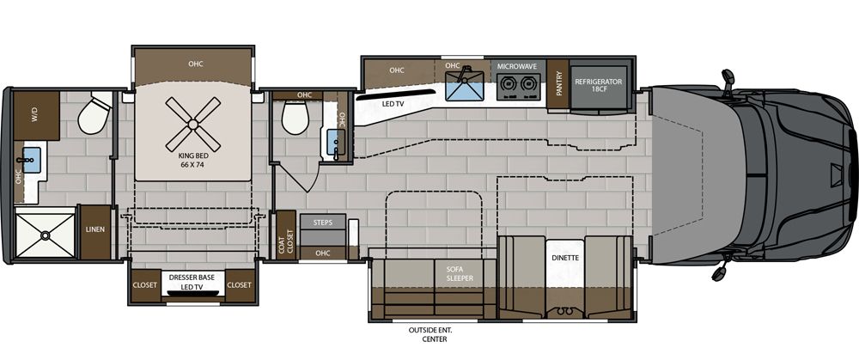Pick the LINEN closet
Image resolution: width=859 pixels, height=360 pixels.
94,230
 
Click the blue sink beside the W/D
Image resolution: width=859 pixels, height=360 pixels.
31,158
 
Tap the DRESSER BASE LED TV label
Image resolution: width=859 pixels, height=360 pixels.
192,281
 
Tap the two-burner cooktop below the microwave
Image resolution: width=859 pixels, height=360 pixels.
518,84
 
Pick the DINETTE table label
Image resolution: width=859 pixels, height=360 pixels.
564,258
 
